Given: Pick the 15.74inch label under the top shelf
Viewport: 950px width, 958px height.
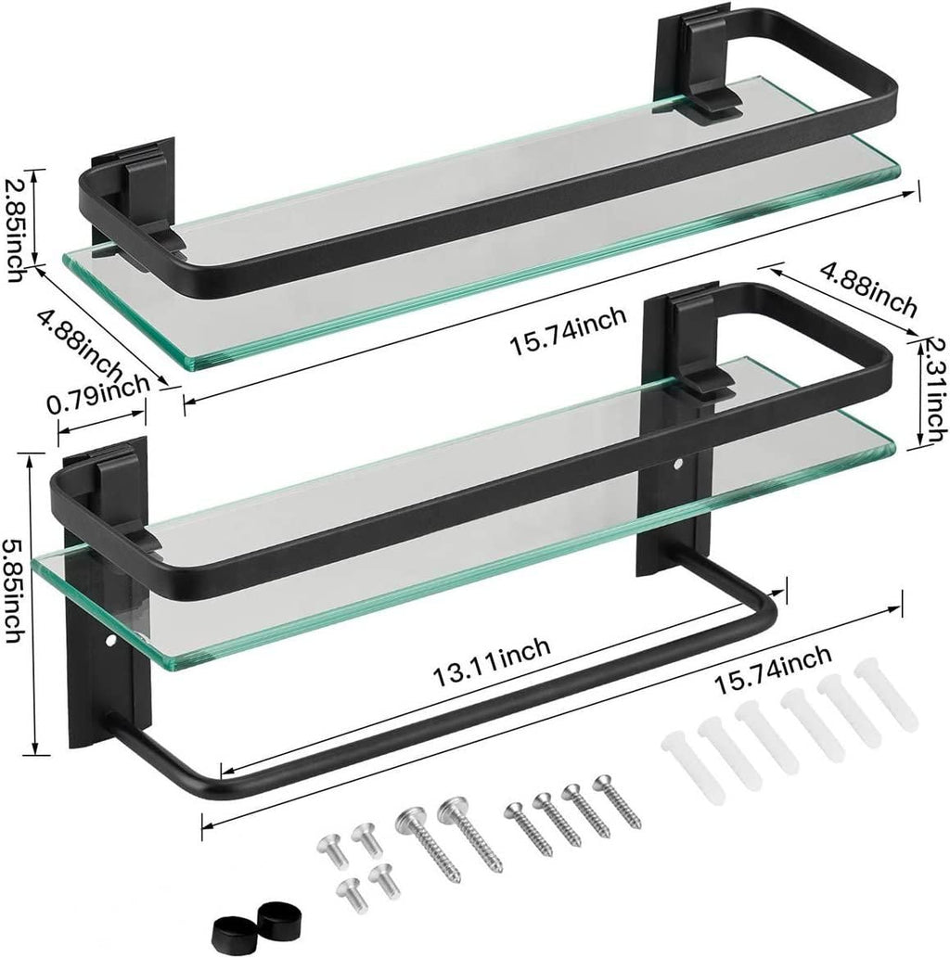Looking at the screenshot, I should [567, 339].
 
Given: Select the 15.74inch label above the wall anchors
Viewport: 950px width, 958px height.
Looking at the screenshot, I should [772, 670].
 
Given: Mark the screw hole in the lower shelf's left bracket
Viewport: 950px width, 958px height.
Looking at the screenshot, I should [110, 641].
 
